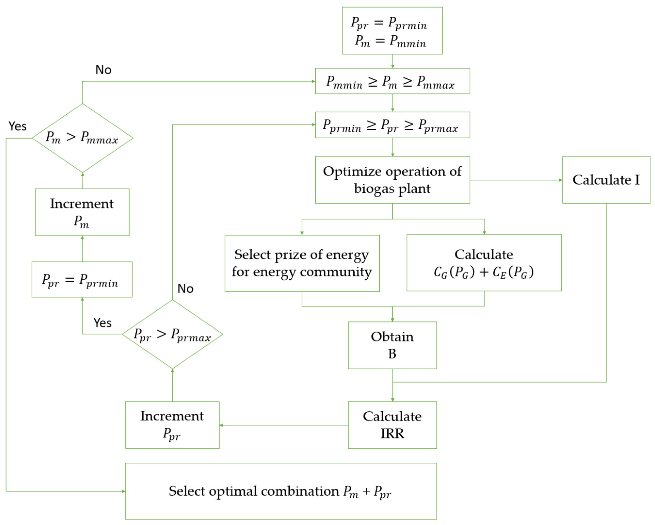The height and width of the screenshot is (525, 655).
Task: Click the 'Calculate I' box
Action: pyautogui.click(x=606, y=180)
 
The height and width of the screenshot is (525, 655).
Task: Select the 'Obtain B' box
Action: pyautogui.click(x=392, y=345)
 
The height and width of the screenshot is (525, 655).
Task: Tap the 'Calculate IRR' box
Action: pyautogui.click(x=392, y=425)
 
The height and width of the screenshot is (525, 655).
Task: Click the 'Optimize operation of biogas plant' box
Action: pyautogui.click(x=392, y=180)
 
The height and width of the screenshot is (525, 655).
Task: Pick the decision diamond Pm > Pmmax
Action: pyautogui.click(x=82, y=138)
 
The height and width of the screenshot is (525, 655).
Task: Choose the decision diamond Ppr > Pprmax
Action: pyautogui.click(x=172, y=334)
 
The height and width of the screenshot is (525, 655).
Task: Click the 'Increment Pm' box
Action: pyautogui.click(x=82, y=212)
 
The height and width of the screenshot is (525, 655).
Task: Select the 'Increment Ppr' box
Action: pyautogui.click(x=172, y=425)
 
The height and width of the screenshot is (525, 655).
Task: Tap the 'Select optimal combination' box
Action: pyautogui.click(x=281, y=491)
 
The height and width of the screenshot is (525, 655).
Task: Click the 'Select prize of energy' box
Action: pyautogui.click(x=302, y=263)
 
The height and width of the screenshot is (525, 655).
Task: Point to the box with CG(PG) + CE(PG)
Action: pyautogui.click(x=484, y=263)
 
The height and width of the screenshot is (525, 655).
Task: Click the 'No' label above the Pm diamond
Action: pyautogui.click(x=103, y=70)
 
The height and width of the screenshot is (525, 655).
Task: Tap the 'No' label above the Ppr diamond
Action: pyautogui.click(x=185, y=288)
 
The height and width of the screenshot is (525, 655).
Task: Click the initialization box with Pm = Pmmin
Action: pyautogui.click(x=392, y=31)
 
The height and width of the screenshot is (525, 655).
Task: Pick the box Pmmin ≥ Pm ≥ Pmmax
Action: pyautogui.click(x=392, y=81)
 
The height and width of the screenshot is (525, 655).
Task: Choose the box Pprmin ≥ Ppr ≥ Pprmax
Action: pyautogui.click(x=392, y=125)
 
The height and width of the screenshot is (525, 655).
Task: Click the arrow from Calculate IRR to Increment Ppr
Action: pyautogui.click(x=284, y=425)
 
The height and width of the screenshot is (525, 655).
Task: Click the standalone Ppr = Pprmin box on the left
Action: pyautogui.click(x=82, y=279)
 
